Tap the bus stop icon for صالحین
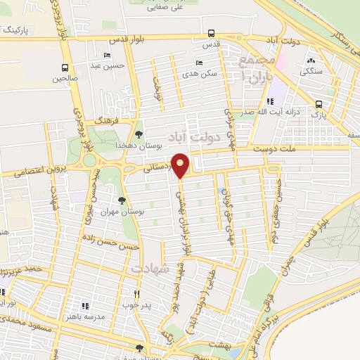tap(65, 68)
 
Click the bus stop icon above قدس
tap(212, 33)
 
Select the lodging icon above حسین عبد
tap(107, 56)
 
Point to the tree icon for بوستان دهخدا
tap(138, 134)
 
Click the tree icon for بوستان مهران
tap(122, 200)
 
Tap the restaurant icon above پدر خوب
tap(137, 295)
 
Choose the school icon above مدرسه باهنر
tap(85, 306)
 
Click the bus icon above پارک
tap(319, 102)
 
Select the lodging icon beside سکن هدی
tap(200, 63)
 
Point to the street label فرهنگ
tap(112, 120)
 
